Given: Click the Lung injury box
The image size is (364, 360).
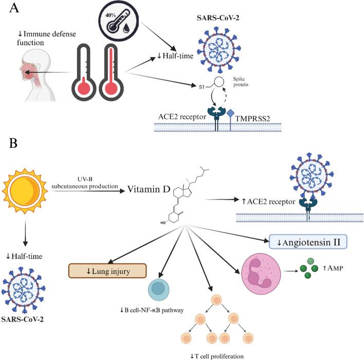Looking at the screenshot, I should (108, 271).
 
